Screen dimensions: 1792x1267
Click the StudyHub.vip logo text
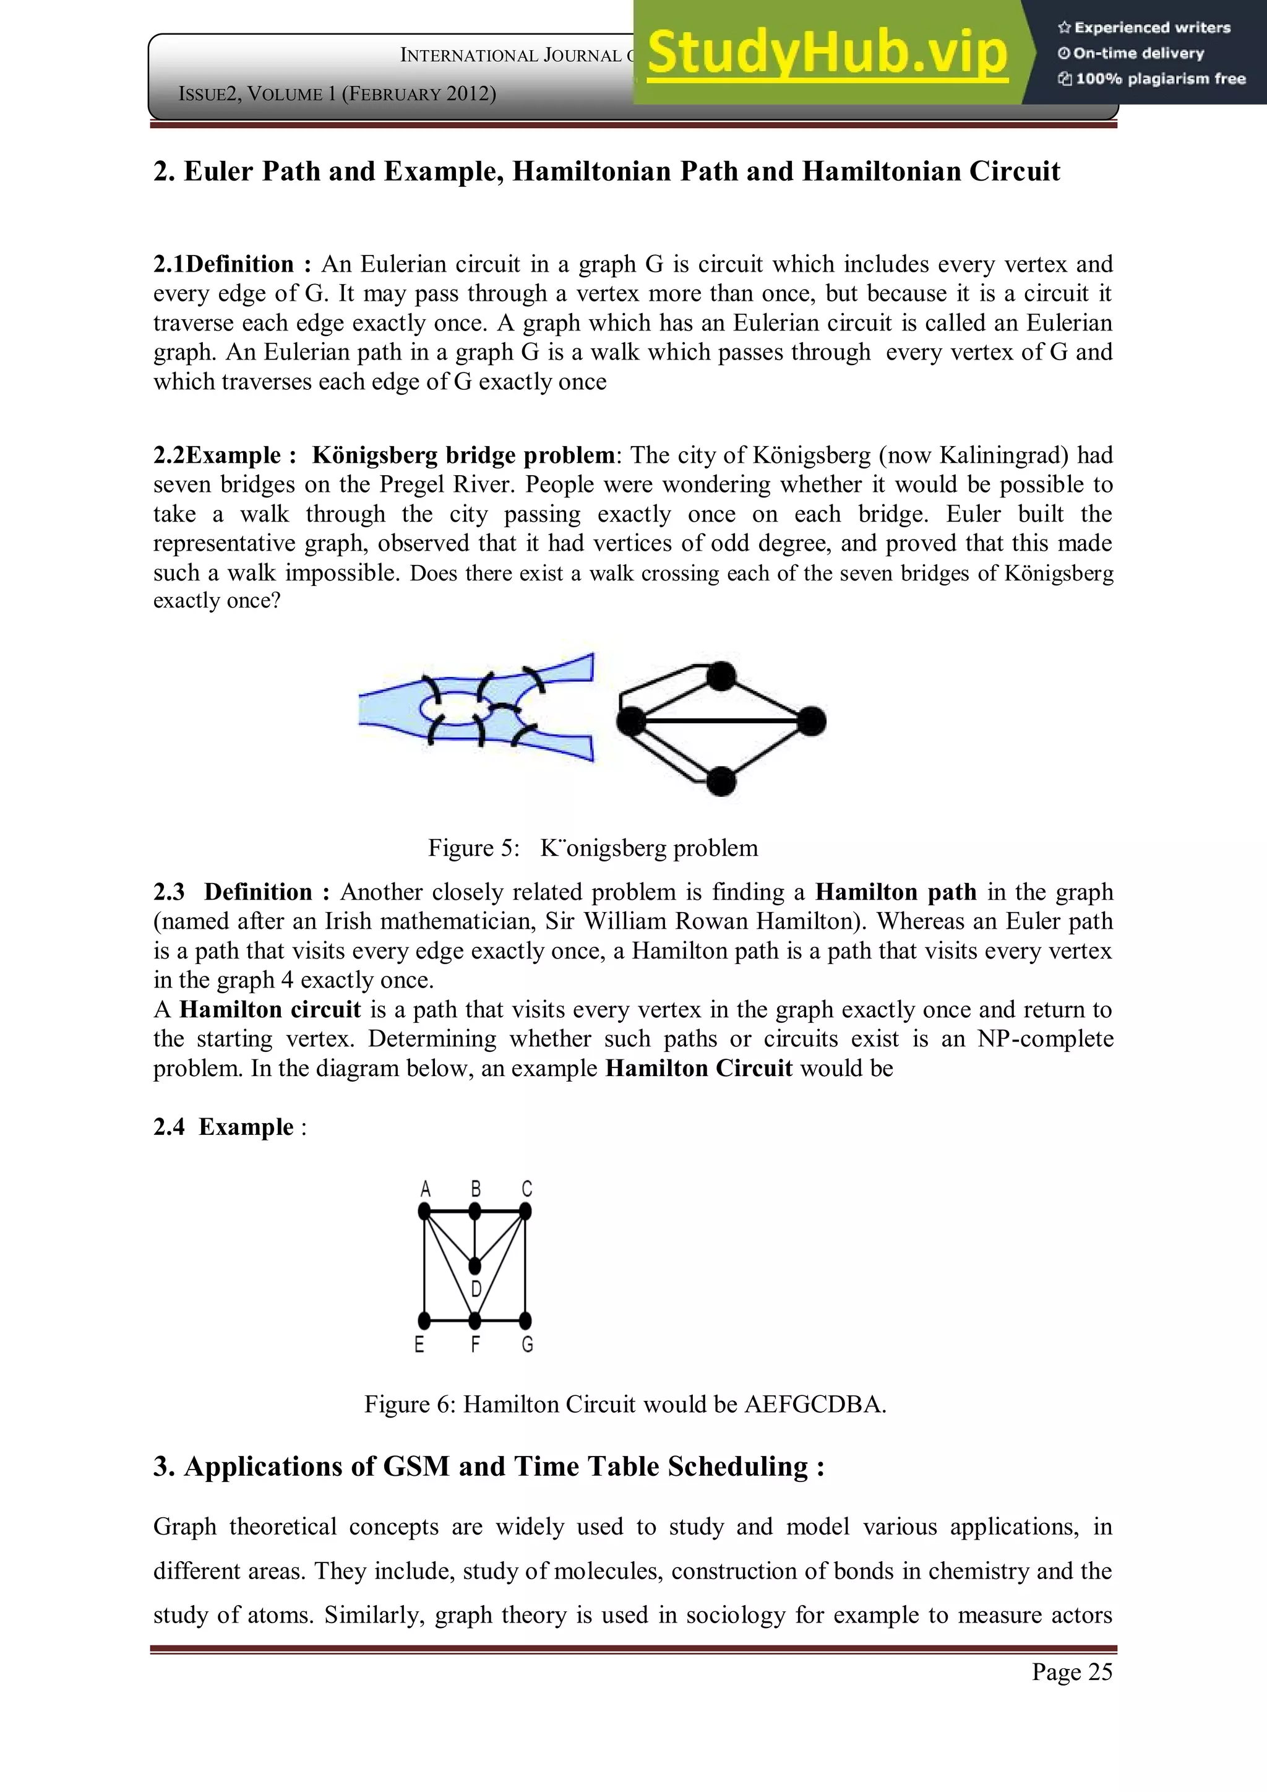click(827, 53)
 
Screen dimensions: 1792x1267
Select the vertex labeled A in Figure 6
click(424, 1212)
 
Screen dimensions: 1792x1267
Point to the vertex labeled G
click(525, 1320)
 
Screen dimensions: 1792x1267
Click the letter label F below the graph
click(475, 1345)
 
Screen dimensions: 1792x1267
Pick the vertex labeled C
click(525, 1212)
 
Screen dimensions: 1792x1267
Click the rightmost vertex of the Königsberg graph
click(812, 721)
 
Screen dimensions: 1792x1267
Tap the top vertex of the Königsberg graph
click(722, 676)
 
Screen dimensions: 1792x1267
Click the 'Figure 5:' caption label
click(473, 848)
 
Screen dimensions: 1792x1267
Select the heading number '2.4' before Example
click(168, 1127)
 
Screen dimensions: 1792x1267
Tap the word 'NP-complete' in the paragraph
click(1045, 1039)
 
